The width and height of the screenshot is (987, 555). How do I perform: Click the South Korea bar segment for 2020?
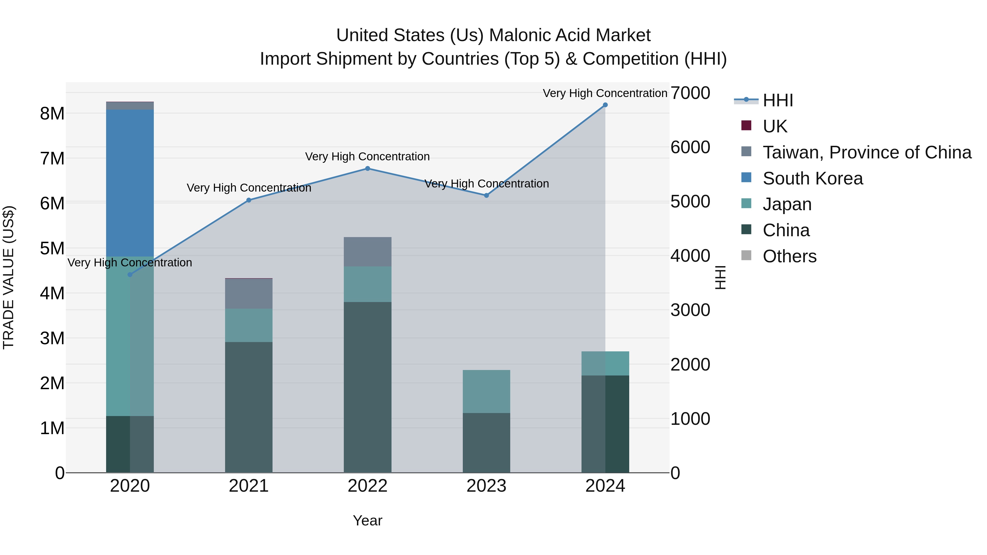click(x=130, y=183)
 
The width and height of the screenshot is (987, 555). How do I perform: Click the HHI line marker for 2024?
click(x=605, y=105)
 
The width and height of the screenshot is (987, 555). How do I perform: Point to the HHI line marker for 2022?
click(x=367, y=169)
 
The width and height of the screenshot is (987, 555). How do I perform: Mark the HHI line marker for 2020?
click(x=130, y=275)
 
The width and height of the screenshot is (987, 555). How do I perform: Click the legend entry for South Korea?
click(x=812, y=178)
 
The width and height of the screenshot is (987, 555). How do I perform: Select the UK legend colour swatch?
click(x=746, y=126)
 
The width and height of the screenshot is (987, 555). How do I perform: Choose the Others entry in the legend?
click(x=789, y=256)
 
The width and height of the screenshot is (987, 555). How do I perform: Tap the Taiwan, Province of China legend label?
click(x=867, y=152)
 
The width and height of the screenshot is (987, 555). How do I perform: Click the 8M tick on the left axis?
click(x=52, y=114)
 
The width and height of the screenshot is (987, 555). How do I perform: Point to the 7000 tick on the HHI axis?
click(x=690, y=93)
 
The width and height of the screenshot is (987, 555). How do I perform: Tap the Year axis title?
click(x=367, y=520)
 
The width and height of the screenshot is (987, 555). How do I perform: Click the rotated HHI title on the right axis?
click(x=720, y=277)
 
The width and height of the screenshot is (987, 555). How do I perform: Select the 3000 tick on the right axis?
click(x=690, y=310)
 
